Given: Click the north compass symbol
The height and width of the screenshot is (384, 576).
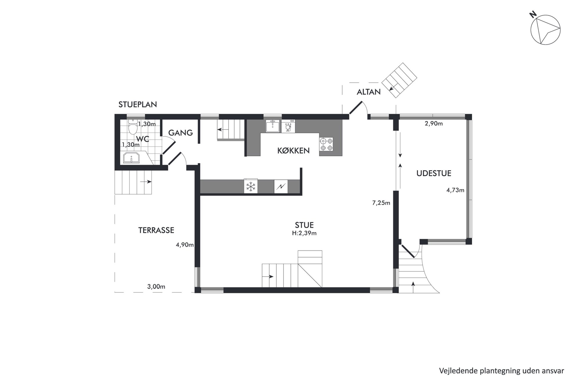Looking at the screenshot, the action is (545, 30).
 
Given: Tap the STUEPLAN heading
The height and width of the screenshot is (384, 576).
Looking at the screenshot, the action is (138, 104).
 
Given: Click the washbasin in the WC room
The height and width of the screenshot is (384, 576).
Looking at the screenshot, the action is (131, 158).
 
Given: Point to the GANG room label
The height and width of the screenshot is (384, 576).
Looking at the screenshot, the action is (181, 133).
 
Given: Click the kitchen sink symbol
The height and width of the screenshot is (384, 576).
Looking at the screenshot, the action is (273, 126).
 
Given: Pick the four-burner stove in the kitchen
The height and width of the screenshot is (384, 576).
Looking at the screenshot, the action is (326, 144).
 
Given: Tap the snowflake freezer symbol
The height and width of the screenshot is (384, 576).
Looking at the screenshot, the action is (251, 186).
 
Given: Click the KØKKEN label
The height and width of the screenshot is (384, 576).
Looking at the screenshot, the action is (294, 151).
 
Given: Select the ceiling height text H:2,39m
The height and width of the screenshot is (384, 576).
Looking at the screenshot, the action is (304, 233).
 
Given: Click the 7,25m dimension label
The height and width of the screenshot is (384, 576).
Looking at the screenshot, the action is (381, 203).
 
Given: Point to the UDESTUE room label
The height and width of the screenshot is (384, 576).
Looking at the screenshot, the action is (434, 173).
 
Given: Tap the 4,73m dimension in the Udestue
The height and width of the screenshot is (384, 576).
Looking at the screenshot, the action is (455, 190).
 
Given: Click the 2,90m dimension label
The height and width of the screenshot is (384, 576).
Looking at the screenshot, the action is (434, 123).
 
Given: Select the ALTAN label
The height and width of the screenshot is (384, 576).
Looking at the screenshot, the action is (369, 92).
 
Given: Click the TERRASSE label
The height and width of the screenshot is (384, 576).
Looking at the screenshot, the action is (156, 230).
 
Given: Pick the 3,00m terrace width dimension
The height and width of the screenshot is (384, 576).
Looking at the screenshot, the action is (156, 287).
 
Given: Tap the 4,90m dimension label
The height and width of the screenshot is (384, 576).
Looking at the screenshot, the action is (185, 245).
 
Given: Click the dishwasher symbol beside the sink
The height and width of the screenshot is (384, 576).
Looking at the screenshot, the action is (288, 126).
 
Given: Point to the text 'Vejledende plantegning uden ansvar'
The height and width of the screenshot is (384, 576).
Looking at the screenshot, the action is (502, 371).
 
